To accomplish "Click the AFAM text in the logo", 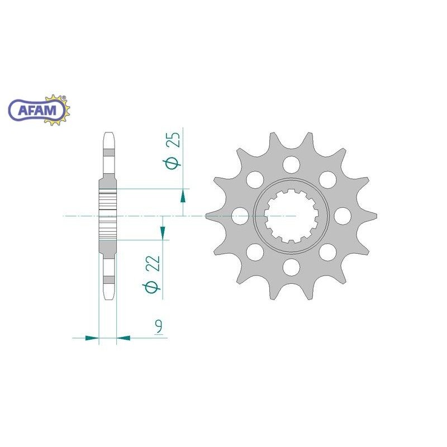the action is (x=37, y=110).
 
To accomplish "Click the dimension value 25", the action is (x=174, y=140).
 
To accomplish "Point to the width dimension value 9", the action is (x=159, y=327).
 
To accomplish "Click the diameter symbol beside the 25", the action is (x=172, y=163).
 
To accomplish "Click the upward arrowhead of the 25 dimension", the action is (x=183, y=196).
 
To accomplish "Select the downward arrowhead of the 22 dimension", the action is (x=163, y=233).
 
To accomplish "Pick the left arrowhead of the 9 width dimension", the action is (x=92, y=338).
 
